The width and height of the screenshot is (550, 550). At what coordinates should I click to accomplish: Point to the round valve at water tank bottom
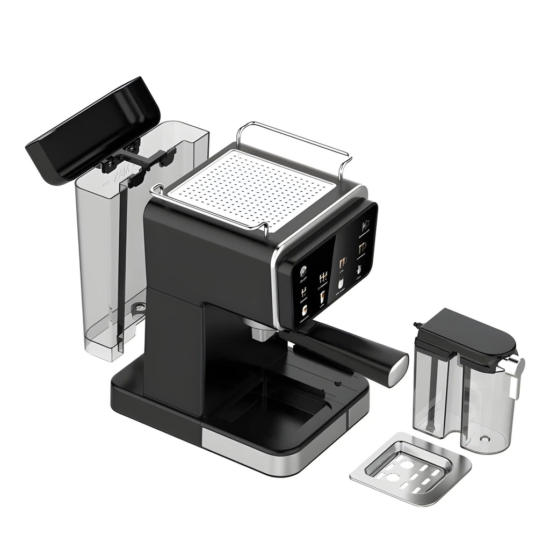coord(139,307)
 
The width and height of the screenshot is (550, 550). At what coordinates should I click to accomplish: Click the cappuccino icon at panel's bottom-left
coord(304,310)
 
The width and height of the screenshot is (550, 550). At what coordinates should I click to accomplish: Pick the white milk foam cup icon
coord(341,283)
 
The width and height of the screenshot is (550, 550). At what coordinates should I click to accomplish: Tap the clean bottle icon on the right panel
coord(359,269)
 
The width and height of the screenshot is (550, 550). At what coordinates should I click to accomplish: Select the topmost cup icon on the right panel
coord(365,225)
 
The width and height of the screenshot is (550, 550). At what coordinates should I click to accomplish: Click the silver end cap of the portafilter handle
coord(399,371)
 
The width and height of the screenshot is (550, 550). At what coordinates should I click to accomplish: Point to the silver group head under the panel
coord(261,330)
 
